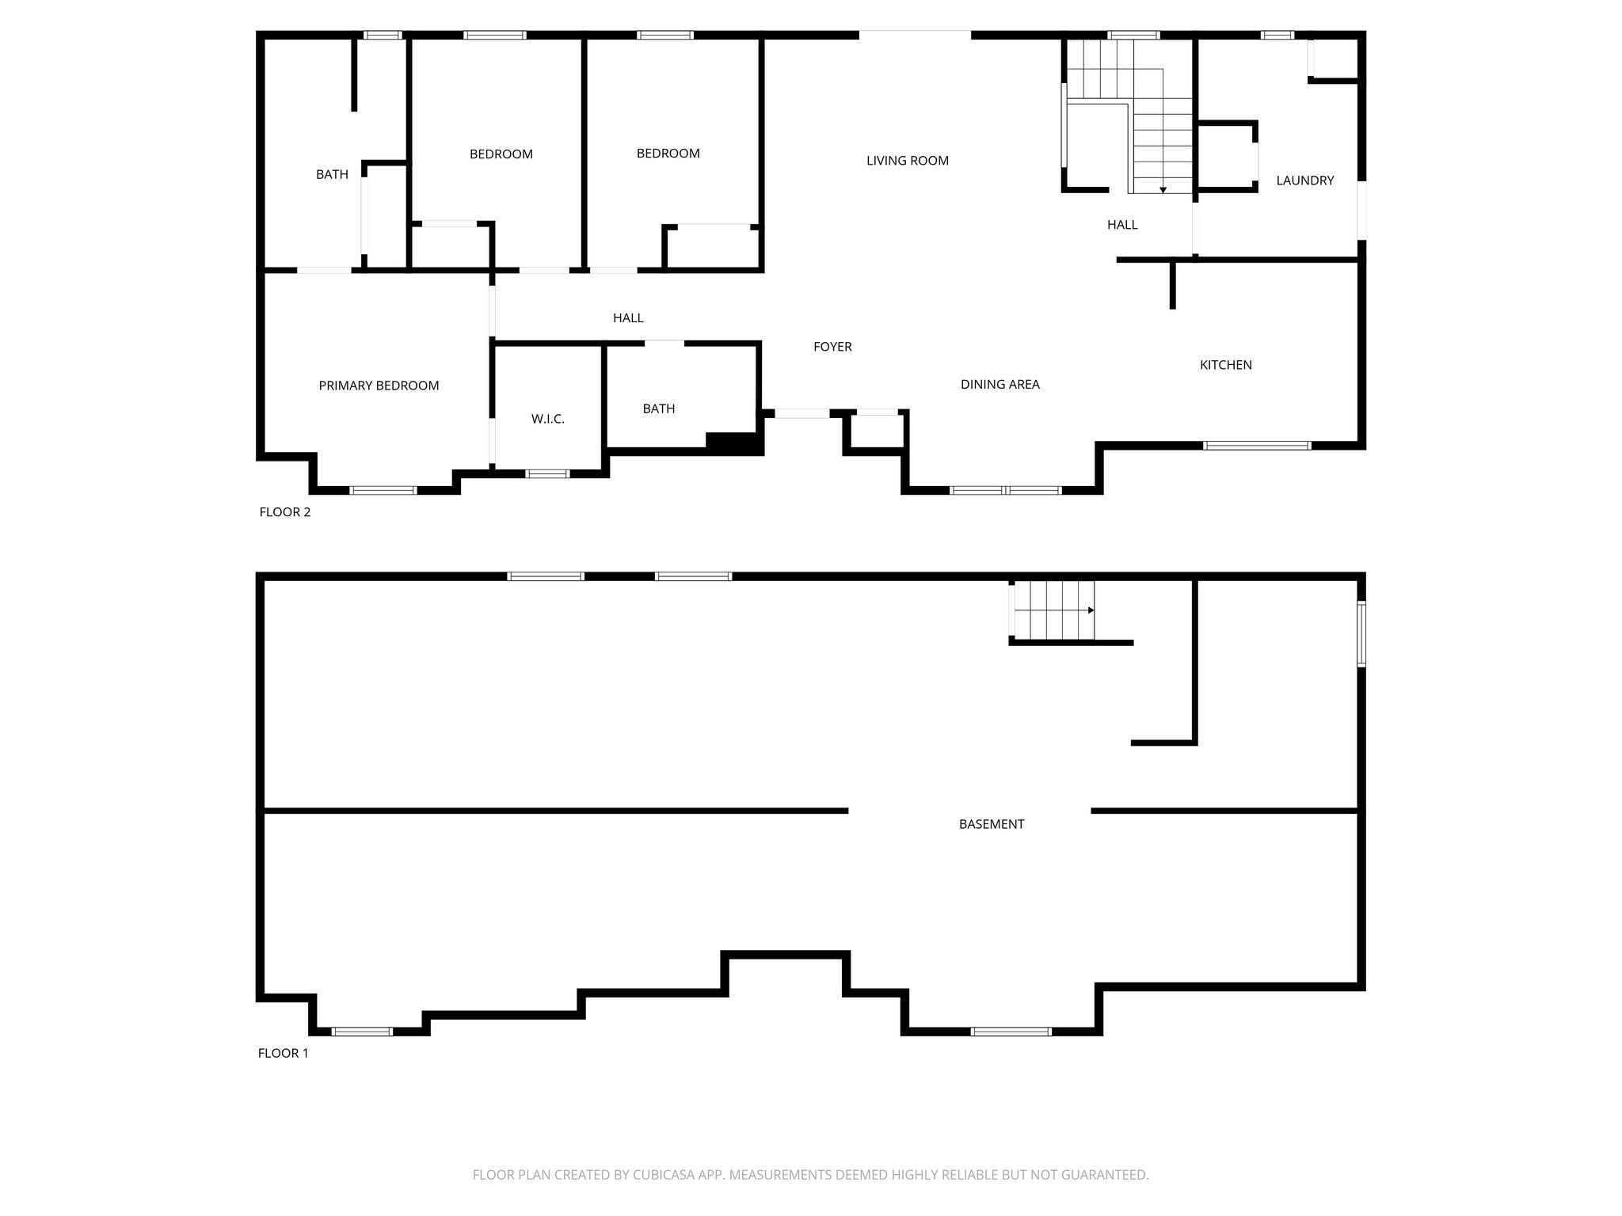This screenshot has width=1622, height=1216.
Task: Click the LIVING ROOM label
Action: pyautogui.click(x=907, y=161)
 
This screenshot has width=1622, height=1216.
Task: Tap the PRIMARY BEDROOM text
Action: pyautogui.click(x=379, y=386)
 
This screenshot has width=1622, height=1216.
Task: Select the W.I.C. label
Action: pyautogui.click(x=547, y=419)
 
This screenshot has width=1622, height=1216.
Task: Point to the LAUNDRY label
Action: pyautogui.click(x=1304, y=180)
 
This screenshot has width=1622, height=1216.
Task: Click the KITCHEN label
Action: pyautogui.click(x=1225, y=365)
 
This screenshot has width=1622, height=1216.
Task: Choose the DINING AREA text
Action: pyautogui.click(x=999, y=385)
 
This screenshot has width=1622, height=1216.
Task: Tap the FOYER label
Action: pyautogui.click(x=832, y=347)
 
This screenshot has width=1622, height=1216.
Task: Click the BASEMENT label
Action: pyautogui.click(x=991, y=824)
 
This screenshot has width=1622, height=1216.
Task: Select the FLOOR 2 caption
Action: pyautogui.click(x=285, y=512)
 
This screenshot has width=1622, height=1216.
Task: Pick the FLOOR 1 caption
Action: pyautogui.click(x=283, y=1053)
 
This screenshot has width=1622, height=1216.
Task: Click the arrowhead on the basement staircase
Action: pyautogui.click(x=1091, y=610)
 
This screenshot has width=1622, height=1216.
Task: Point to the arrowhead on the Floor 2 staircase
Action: pyautogui.click(x=1163, y=190)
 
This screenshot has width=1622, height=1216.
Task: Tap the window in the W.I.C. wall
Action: pyautogui.click(x=547, y=474)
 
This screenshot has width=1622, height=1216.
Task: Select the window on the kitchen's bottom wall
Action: pyautogui.click(x=1256, y=446)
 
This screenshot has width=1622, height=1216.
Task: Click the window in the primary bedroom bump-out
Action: pyautogui.click(x=383, y=491)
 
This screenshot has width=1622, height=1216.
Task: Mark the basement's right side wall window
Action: pyautogui.click(x=1361, y=633)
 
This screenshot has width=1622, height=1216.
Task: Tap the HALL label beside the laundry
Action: pyautogui.click(x=1121, y=225)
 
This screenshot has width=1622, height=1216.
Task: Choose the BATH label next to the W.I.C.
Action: pyautogui.click(x=658, y=408)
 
